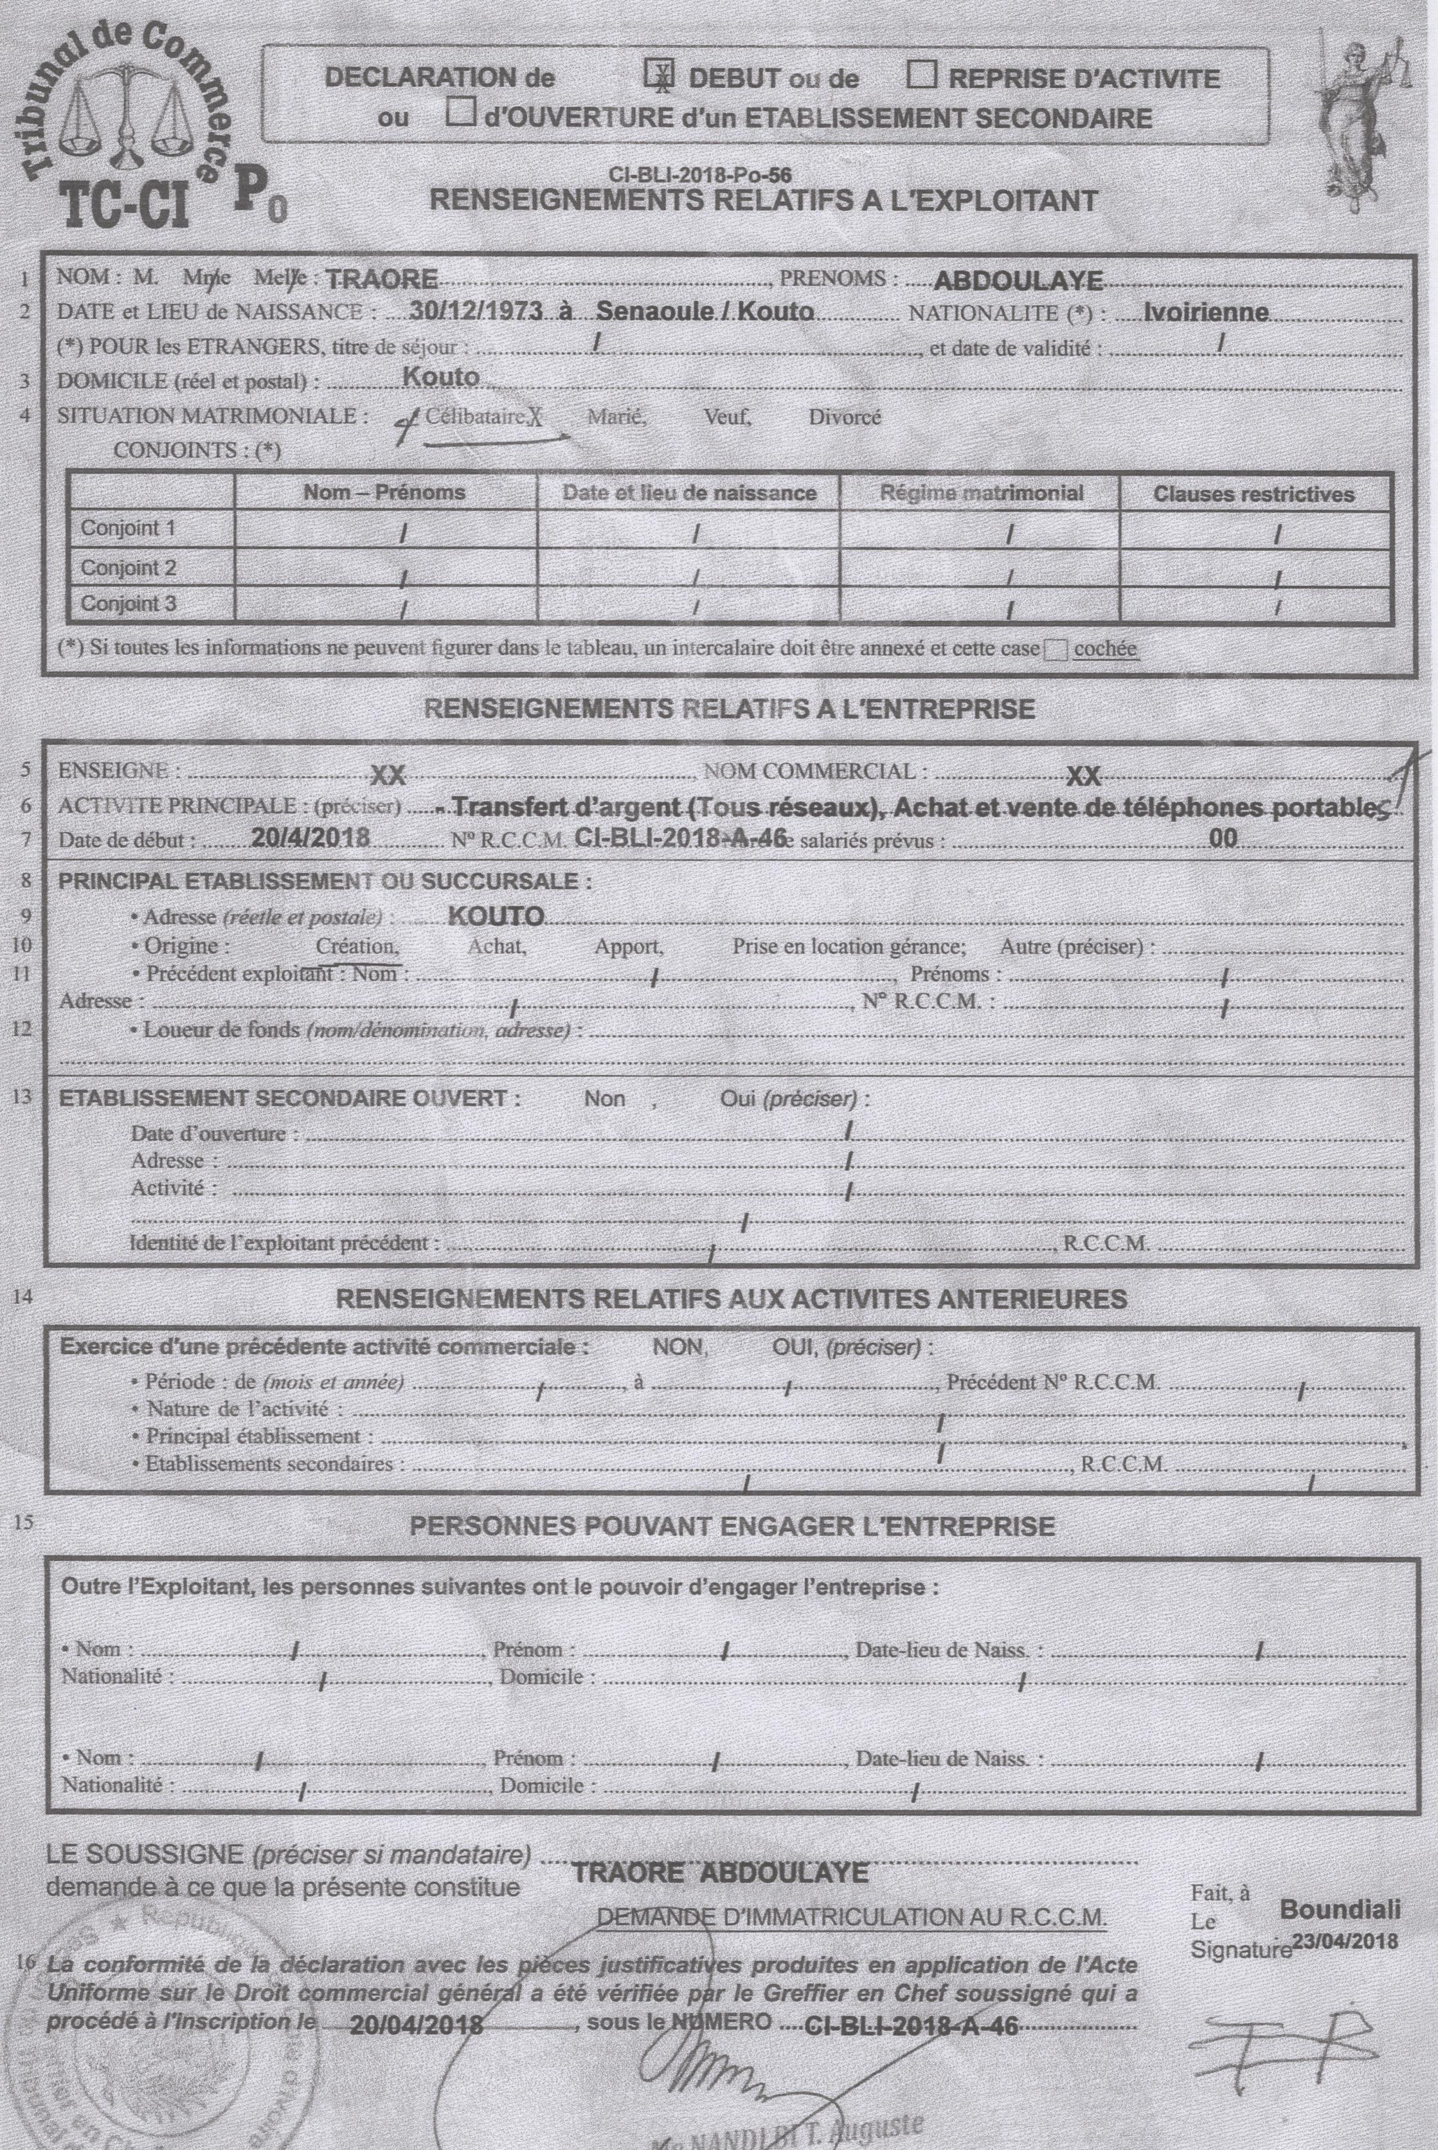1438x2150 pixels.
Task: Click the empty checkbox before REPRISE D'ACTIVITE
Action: tap(921, 75)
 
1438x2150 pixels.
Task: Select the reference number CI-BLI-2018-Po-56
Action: tap(700, 174)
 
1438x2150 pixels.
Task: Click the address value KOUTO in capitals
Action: tap(496, 916)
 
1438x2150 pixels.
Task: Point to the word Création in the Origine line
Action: tap(356, 946)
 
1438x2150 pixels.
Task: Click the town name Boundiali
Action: tap(1339, 1910)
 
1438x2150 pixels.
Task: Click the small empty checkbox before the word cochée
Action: tap(1056, 649)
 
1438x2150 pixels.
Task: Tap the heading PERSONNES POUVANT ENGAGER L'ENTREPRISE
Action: tap(731, 1526)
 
